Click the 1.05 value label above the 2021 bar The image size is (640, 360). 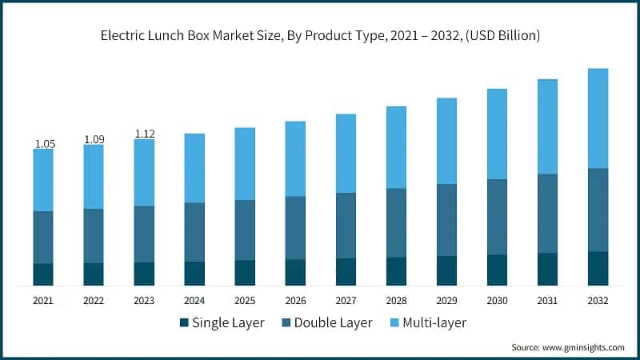pyautogui.click(x=44, y=143)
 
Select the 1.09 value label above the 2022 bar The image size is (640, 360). pyautogui.click(x=94, y=139)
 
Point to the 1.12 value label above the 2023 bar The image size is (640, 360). pyautogui.click(x=145, y=134)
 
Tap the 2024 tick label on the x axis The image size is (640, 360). pyautogui.click(x=194, y=301)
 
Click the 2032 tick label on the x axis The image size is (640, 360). pyautogui.click(x=598, y=301)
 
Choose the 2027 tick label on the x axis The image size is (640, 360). pyautogui.click(x=346, y=301)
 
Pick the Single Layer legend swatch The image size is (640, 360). pyautogui.click(x=183, y=323)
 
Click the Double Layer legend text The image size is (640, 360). pyautogui.click(x=333, y=323)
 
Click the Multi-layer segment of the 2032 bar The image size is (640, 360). pyautogui.click(x=598, y=118)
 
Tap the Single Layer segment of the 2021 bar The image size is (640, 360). pyautogui.click(x=43, y=274)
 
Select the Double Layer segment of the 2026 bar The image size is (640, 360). pyautogui.click(x=295, y=228)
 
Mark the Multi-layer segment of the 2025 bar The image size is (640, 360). pyautogui.click(x=245, y=164)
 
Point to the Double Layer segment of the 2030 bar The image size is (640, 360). pyautogui.click(x=497, y=217)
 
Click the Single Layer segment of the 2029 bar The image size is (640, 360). pyautogui.click(x=446, y=270)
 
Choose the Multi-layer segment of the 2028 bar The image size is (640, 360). pyautogui.click(x=396, y=147)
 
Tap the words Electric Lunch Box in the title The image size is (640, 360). pyautogui.click(x=156, y=35)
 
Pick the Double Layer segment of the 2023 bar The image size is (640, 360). pyautogui.click(x=144, y=234)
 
